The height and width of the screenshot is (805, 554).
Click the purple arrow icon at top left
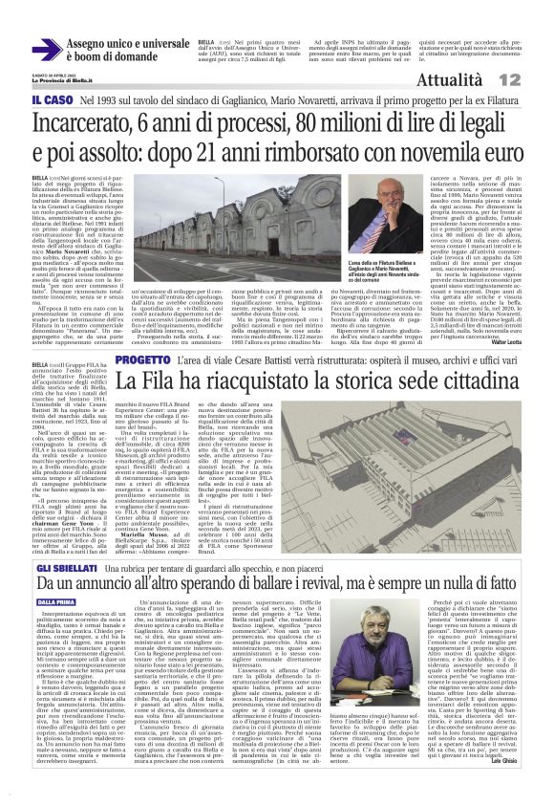45,51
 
